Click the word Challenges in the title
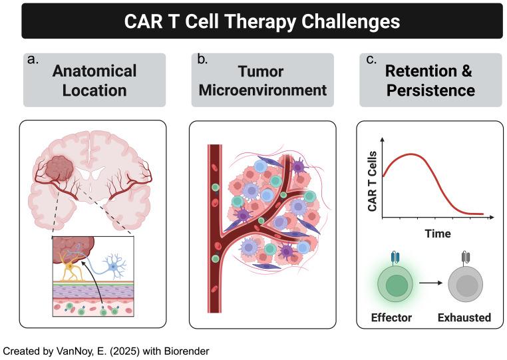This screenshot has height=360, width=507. (351, 22)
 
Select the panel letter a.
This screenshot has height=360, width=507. (33, 59)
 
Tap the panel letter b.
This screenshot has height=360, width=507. (202, 59)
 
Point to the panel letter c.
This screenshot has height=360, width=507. (371, 59)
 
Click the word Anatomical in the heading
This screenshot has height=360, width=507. (94, 71)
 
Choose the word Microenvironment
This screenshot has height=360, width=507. (263, 90)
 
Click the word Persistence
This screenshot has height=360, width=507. (430, 90)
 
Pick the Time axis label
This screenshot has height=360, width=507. (438, 233)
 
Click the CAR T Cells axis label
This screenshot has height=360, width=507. (373, 181)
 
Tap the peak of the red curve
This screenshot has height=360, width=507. (411, 154)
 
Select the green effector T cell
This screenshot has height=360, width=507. (397, 284)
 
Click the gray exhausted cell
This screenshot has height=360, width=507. (465, 284)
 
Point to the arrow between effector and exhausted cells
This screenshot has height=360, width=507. (431, 283)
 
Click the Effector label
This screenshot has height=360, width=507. (391, 317)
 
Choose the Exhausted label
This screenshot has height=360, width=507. (464, 317)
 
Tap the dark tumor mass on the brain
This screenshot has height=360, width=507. (59, 168)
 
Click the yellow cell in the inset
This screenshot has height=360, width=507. (70, 267)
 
